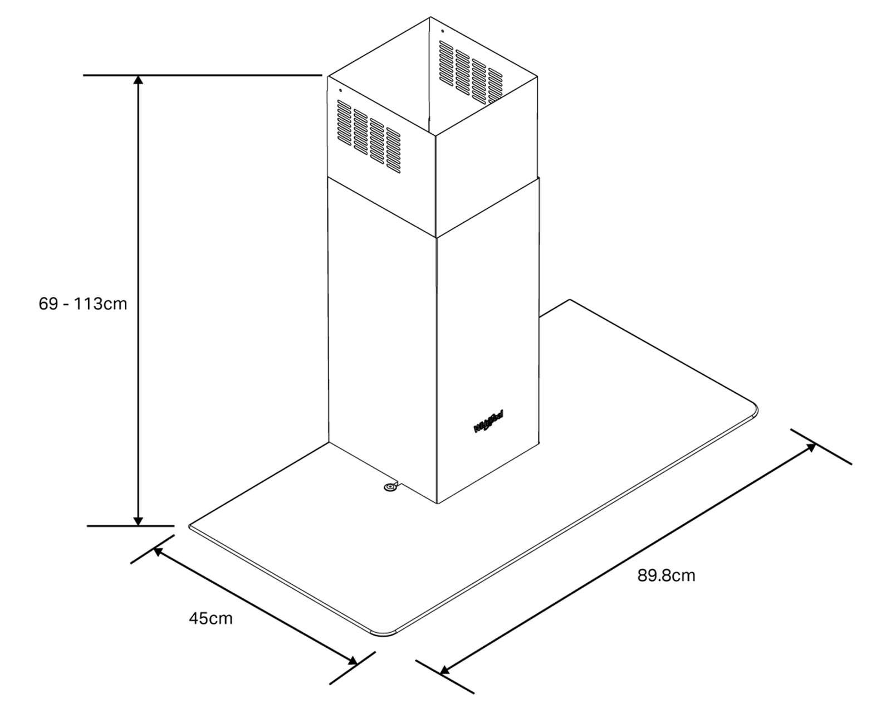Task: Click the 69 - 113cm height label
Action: point(83,304)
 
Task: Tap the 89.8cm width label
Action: point(666,575)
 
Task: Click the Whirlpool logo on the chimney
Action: point(488,421)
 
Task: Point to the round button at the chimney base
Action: point(389,488)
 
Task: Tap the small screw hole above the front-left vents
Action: point(340,90)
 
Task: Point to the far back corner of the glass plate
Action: point(569,300)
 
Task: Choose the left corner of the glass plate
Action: point(192,526)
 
